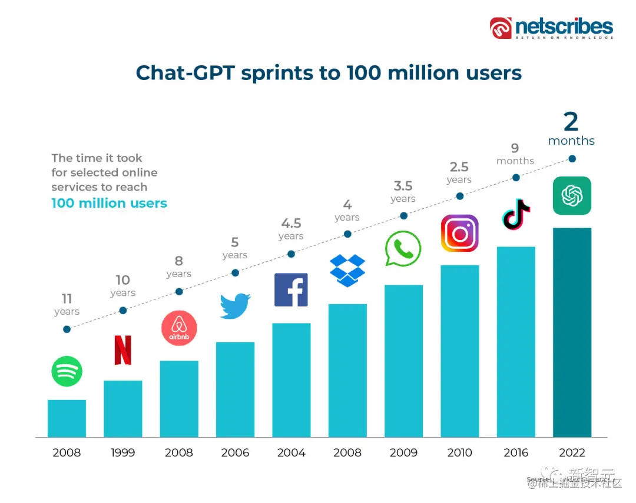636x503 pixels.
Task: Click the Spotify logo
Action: pyautogui.click(x=67, y=371)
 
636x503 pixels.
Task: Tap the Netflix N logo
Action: pyautogui.click(x=123, y=351)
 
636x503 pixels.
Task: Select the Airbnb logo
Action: pyautogui.click(x=179, y=328)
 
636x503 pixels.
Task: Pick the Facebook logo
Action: pyautogui.click(x=291, y=290)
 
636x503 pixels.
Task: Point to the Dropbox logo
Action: pyautogui.click(x=347, y=270)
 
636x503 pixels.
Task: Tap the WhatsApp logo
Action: pyautogui.click(x=403, y=249)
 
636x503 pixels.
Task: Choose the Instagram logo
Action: pyautogui.click(x=459, y=233)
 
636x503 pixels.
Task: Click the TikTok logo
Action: pyautogui.click(x=516, y=214)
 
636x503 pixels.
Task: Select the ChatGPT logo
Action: pyautogui.click(x=572, y=196)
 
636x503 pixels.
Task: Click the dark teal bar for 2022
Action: pyautogui.click(x=572, y=332)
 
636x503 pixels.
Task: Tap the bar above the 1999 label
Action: pyautogui.click(x=123, y=409)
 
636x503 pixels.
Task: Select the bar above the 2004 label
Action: pyautogui.click(x=291, y=380)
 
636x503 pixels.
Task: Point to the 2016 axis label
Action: pyautogui.click(x=516, y=452)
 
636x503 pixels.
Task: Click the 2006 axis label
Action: pyautogui.click(x=235, y=452)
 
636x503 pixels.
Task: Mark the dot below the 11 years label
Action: pyautogui.click(x=67, y=329)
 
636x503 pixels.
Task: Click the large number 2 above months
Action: pyautogui.click(x=571, y=122)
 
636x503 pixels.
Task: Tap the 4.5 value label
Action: pyautogui.click(x=291, y=224)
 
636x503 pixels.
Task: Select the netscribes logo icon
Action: pyautogui.click(x=501, y=28)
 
